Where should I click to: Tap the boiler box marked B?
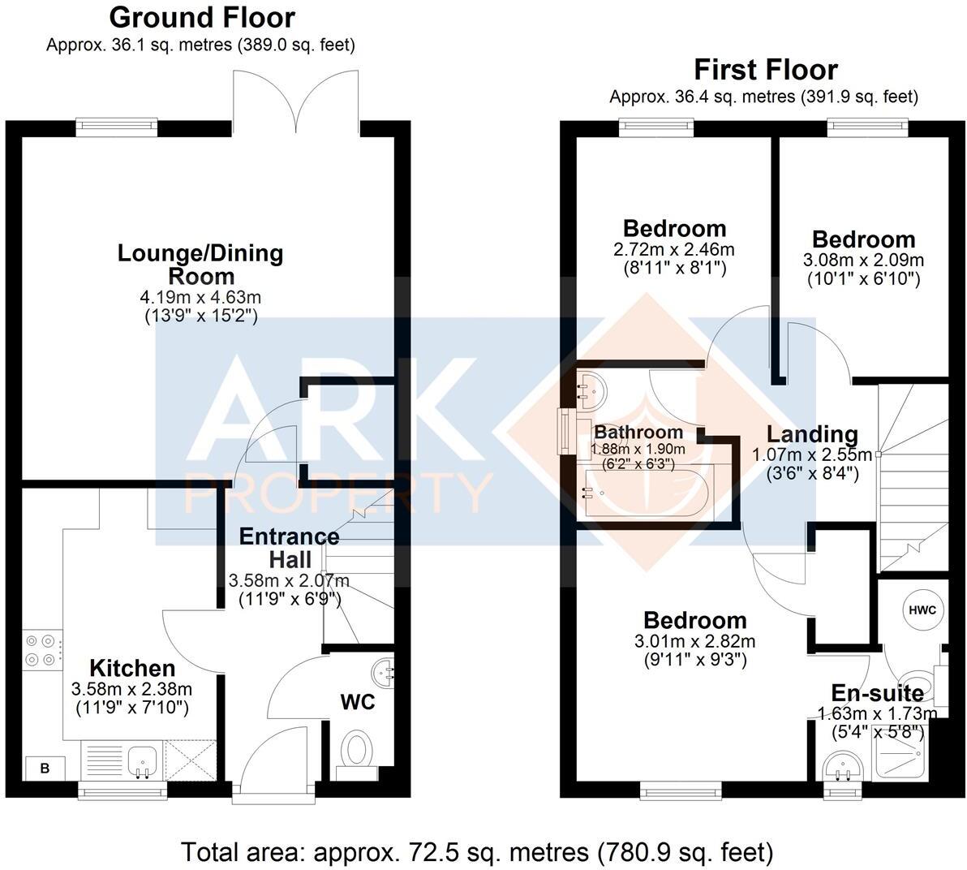45,768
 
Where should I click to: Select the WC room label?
358,702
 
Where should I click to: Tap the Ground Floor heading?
202,17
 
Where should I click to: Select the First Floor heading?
765,70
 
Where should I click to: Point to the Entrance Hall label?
289,548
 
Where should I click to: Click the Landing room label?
812,435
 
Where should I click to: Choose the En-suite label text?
877,693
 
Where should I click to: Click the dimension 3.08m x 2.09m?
863,261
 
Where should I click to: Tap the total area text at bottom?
477,852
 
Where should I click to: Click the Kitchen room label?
131,668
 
